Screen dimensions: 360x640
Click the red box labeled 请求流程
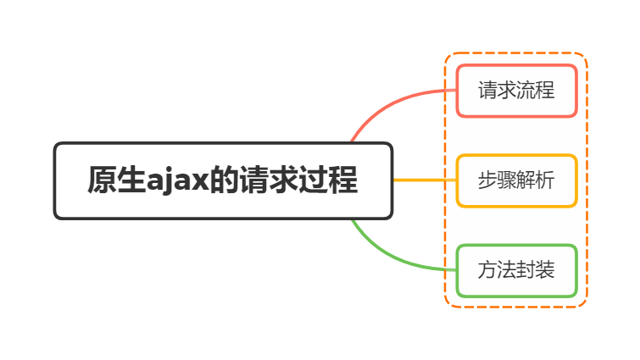(x=516, y=91)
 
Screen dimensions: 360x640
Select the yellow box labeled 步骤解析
(x=516, y=180)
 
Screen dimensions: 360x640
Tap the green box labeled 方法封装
(x=516, y=270)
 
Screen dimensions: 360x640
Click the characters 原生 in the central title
(x=115, y=180)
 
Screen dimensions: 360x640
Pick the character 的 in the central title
(x=223, y=180)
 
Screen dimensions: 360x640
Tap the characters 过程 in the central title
(x=327, y=180)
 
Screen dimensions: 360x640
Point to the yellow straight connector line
(x=424, y=180)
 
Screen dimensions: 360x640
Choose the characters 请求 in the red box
(x=498, y=91)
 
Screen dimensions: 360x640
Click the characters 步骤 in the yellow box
(x=498, y=180)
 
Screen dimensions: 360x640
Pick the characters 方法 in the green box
(x=498, y=270)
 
